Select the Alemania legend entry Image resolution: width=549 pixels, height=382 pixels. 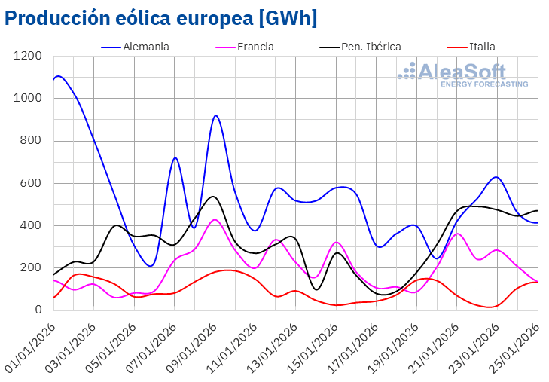pos(145,47)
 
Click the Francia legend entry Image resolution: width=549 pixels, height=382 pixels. pos(255,47)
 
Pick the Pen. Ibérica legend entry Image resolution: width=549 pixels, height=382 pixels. pos(367,47)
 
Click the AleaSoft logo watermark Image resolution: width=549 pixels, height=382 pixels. pos(462,75)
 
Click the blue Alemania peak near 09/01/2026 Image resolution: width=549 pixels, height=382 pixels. pos(215,115)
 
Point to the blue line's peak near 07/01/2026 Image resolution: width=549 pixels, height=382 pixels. pos(175,157)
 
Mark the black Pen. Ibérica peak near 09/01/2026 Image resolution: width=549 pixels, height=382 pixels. pos(213,196)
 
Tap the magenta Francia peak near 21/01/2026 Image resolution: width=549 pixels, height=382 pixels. pos(458,234)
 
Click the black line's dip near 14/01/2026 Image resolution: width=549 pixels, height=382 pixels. pos(316,289)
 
